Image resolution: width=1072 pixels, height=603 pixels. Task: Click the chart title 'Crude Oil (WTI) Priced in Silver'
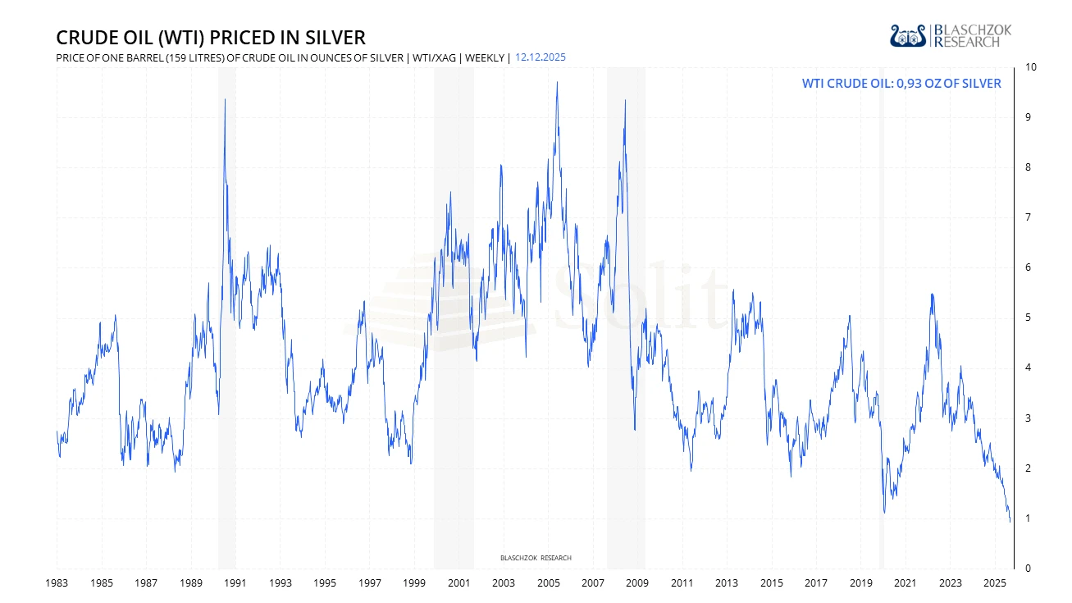click(211, 38)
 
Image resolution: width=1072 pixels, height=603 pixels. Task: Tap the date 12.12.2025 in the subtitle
click(540, 57)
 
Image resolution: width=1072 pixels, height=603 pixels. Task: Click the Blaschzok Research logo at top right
click(951, 35)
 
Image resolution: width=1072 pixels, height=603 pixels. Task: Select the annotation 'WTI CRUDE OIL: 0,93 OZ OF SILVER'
click(901, 84)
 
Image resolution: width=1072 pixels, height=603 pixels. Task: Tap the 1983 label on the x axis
click(57, 583)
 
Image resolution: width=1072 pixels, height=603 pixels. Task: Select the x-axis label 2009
click(637, 583)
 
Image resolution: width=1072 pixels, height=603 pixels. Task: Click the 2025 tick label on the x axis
click(995, 583)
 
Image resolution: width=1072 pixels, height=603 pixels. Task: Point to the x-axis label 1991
click(235, 583)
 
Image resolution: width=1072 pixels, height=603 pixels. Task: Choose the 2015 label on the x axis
click(771, 583)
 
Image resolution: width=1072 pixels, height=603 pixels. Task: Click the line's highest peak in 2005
click(557, 82)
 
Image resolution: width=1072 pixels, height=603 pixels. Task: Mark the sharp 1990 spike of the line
click(225, 99)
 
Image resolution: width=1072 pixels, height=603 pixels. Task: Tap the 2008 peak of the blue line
click(625, 100)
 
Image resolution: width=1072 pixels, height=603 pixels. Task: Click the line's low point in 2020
click(884, 513)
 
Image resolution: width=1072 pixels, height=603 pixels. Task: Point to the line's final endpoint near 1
click(1010, 521)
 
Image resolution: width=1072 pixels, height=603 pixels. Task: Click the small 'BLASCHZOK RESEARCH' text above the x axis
click(536, 558)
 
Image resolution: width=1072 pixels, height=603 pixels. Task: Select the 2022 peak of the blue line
click(932, 294)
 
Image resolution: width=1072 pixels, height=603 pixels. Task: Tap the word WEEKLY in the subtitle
click(485, 57)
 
